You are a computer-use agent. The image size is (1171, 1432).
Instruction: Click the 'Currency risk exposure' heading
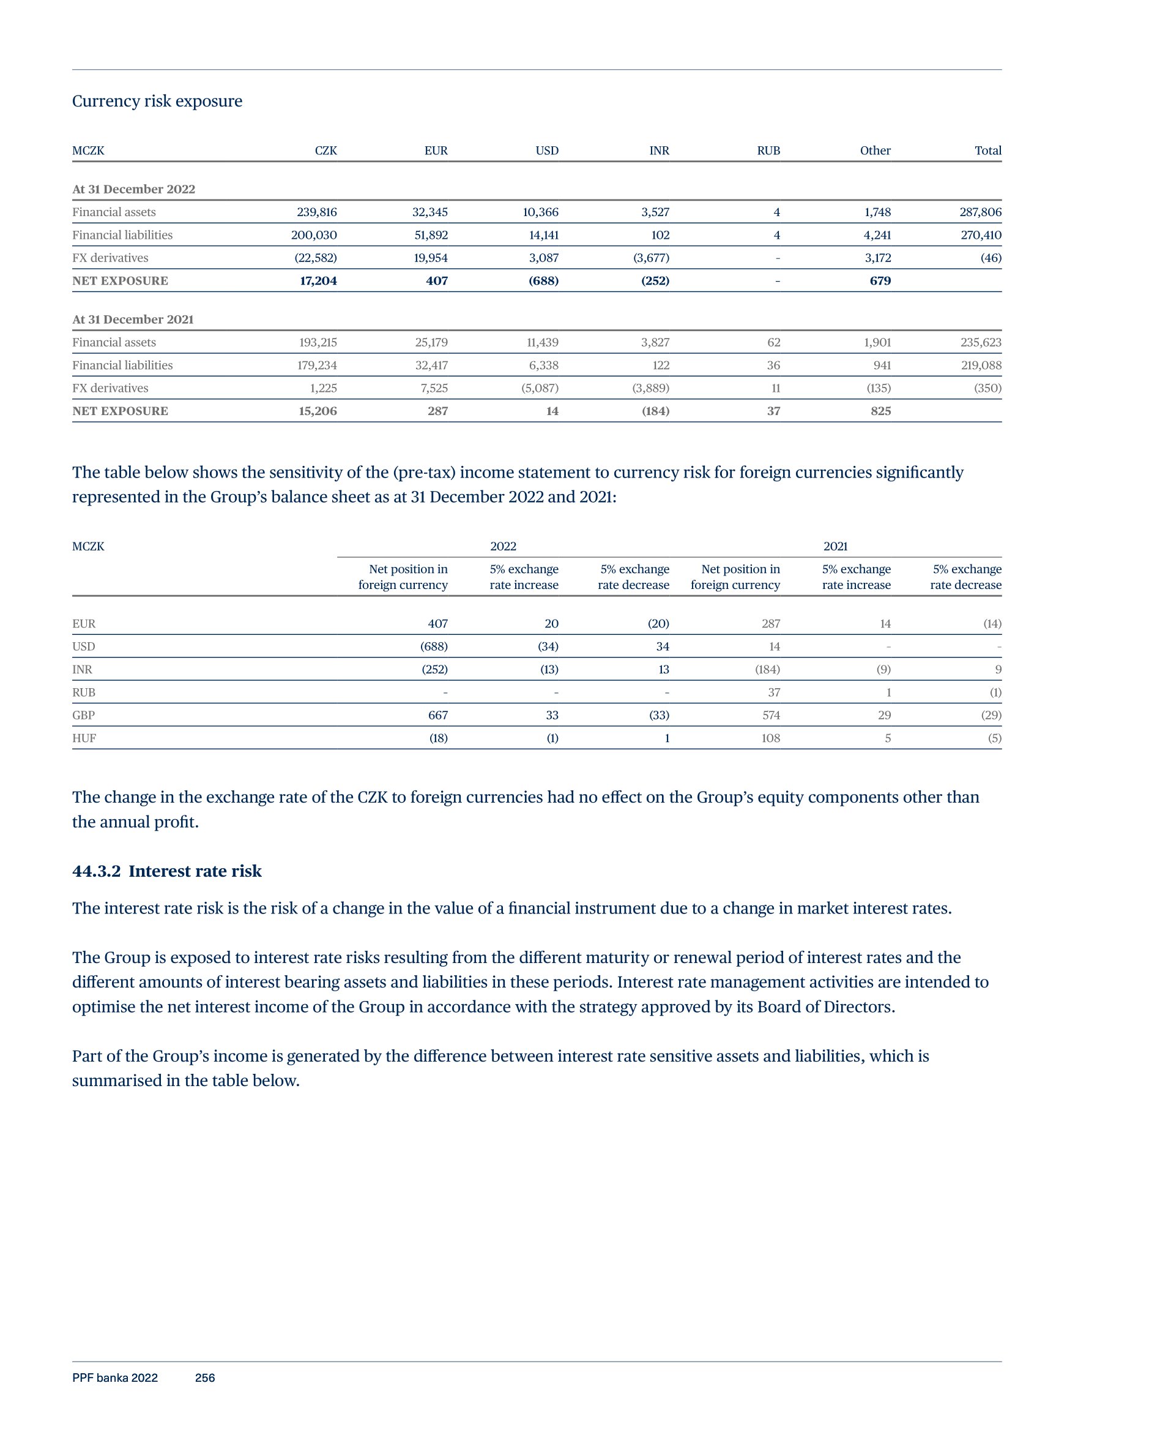[x=157, y=101]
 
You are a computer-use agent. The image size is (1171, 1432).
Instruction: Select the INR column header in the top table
[x=659, y=151]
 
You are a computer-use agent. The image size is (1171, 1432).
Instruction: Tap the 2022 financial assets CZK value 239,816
[x=316, y=212]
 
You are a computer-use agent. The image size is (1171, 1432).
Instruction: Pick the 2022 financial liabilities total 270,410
[x=981, y=235]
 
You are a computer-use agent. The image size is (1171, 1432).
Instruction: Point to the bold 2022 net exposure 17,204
[x=318, y=281]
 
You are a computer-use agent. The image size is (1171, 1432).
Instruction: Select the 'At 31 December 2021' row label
[x=133, y=319]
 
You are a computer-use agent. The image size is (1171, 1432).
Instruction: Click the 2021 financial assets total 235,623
[x=981, y=342]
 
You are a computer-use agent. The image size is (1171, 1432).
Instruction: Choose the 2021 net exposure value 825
[x=880, y=411]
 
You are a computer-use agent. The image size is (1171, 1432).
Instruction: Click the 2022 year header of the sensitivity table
[x=503, y=546]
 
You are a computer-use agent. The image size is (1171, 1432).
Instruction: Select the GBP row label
[x=84, y=714]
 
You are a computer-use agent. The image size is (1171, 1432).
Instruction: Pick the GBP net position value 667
[x=438, y=714]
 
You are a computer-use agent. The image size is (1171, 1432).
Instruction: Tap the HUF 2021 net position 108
[x=770, y=738]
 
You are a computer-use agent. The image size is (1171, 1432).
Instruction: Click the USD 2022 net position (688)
[x=434, y=647]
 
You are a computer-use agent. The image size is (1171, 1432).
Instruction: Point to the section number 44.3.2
[x=97, y=871]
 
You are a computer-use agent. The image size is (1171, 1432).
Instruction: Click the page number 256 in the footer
[x=205, y=1378]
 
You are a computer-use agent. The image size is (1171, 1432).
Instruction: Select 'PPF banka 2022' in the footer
[x=114, y=1378]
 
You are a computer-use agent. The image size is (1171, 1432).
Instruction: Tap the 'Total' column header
[x=987, y=151]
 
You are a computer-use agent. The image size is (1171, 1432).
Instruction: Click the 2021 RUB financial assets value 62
[x=774, y=342]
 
